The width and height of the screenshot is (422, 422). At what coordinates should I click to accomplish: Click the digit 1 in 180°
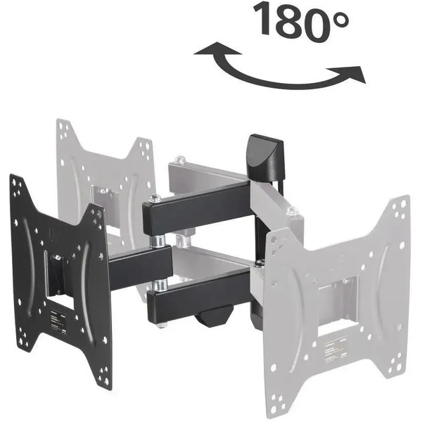tap(264, 19)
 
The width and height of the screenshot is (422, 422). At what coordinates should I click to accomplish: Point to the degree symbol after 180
tap(340, 20)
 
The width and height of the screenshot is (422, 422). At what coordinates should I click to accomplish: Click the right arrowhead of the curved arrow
tap(349, 73)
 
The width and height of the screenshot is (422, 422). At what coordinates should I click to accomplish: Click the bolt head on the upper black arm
tap(155, 199)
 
